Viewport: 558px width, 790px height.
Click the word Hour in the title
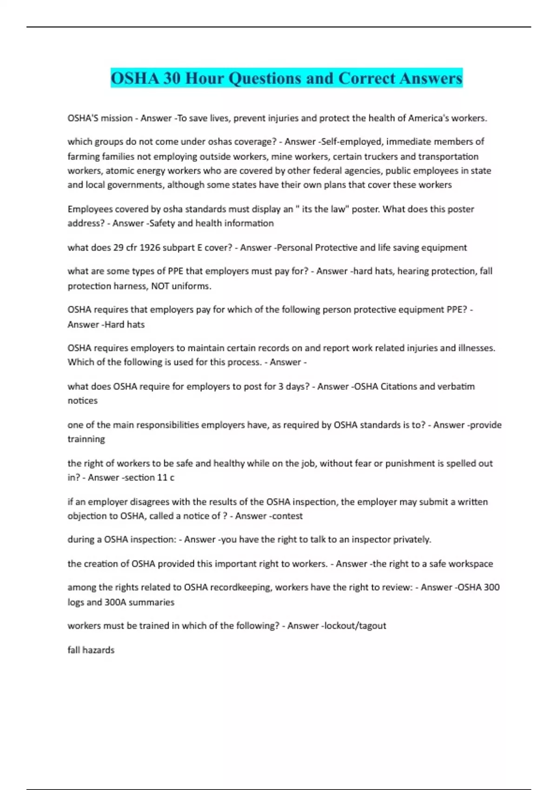coord(205,78)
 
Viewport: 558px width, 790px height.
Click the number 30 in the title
coord(172,78)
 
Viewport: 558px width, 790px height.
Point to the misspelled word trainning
coord(86,439)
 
